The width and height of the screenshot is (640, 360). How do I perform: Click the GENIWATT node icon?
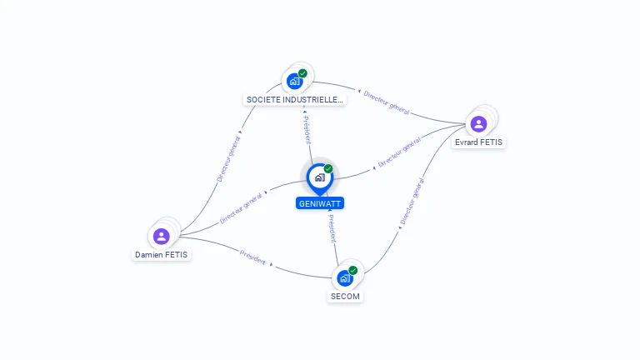point(319,177)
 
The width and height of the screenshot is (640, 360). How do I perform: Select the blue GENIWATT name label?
point(320,203)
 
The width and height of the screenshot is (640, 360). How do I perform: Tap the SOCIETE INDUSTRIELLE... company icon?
point(294,81)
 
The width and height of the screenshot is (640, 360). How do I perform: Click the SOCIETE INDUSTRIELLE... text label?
point(295,99)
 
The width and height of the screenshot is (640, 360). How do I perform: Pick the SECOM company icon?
point(344,278)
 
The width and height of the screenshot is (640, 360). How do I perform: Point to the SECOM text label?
point(346,296)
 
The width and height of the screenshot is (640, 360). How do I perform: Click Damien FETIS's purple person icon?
point(162,237)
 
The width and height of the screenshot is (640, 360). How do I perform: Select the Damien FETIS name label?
point(162,255)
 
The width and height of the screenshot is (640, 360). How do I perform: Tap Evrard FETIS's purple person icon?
point(478,124)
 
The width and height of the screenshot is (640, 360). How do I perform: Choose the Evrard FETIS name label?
point(479,142)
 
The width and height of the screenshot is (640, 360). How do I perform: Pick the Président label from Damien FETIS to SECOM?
point(253,257)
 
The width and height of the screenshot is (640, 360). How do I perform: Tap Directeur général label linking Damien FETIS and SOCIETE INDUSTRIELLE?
point(228,158)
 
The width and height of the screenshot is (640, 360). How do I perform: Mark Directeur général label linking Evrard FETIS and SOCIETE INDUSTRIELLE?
point(386,102)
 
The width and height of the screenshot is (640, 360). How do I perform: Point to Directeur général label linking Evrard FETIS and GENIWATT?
point(399,154)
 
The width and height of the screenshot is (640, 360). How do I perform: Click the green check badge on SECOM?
point(353,270)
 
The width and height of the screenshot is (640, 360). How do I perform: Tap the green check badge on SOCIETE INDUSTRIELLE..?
point(302,73)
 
